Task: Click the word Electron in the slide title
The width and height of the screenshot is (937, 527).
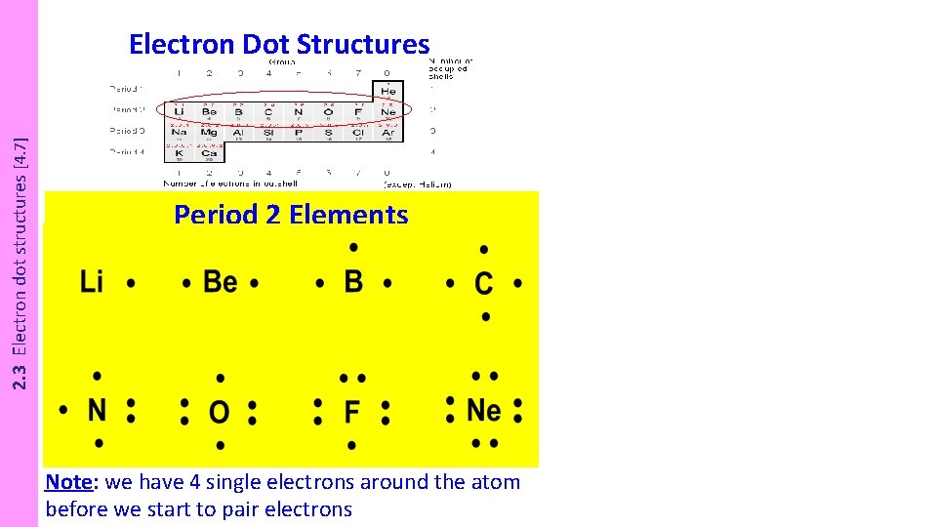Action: coord(182,45)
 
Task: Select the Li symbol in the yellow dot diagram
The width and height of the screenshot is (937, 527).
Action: coord(92,283)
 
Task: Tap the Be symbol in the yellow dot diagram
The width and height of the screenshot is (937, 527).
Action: coord(221,283)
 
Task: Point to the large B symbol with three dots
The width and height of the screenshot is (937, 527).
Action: coord(353,282)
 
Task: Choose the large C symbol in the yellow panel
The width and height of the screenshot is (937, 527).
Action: coord(484,284)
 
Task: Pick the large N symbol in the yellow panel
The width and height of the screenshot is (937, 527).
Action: coord(97,410)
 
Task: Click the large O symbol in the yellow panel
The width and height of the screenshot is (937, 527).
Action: coord(220,412)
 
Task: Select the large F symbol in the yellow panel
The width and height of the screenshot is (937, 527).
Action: coord(352,412)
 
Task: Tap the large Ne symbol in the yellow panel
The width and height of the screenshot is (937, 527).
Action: coord(484,410)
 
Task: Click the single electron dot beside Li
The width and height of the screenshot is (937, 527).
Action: coord(131,284)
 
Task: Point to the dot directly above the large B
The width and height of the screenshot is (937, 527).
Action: coord(353,248)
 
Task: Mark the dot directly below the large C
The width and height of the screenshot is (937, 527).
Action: coord(485,317)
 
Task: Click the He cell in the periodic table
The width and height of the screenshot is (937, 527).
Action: coord(389,91)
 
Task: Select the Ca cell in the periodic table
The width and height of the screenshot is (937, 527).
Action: coord(210,153)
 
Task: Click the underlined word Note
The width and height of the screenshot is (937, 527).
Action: coord(68,482)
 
